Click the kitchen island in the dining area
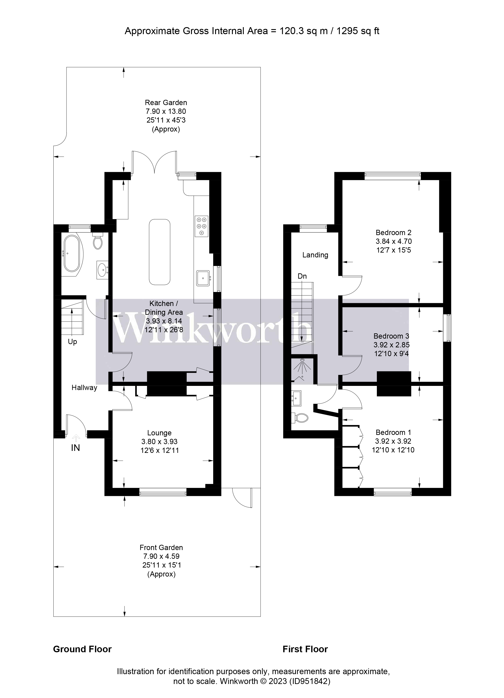click(159, 252)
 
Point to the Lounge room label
click(159, 433)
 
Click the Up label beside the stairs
click(72, 342)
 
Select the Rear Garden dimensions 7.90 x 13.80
click(166, 111)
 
